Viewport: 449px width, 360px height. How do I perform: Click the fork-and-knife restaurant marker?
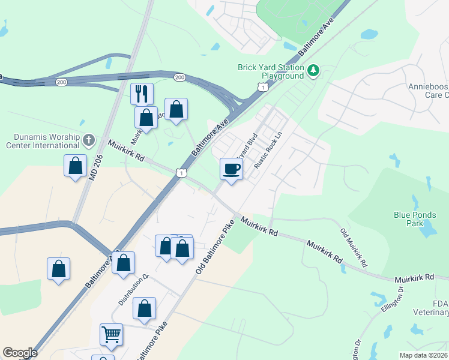click(x=142, y=94)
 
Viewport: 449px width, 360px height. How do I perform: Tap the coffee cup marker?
click(x=232, y=169)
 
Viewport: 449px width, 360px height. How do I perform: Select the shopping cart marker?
click(x=112, y=335)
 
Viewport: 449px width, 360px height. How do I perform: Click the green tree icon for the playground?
click(x=313, y=72)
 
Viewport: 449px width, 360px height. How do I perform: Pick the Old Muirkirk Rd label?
click(x=353, y=248)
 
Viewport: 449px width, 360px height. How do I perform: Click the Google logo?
click(x=20, y=353)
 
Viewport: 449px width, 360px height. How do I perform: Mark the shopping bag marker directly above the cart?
click(x=144, y=309)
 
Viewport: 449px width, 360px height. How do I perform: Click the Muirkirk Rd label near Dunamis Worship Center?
click(x=127, y=151)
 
